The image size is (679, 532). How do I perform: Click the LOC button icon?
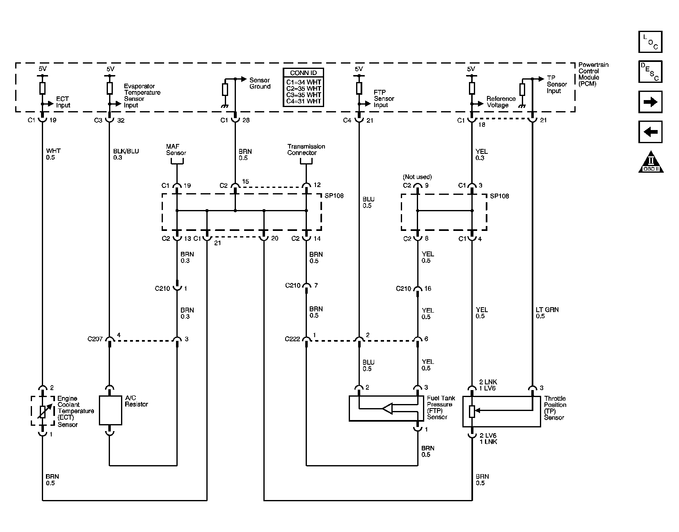point(650,42)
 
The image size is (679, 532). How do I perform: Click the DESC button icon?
point(650,72)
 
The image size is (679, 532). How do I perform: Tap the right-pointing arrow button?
point(650,102)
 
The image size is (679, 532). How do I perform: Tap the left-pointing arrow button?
point(650,132)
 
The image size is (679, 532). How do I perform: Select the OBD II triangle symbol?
point(651,162)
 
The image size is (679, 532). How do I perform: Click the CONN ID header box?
point(304,73)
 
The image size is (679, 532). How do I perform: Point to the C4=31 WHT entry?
point(304,101)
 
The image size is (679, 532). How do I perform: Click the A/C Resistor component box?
point(110,410)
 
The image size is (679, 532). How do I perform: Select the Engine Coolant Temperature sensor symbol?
point(42,411)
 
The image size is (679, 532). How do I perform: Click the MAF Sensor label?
point(176,150)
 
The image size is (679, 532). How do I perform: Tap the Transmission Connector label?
point(306,150)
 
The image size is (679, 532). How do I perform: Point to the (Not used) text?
point(417,177)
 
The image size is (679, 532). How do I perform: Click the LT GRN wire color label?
point(547,310)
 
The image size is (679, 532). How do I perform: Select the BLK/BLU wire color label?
point(126,151)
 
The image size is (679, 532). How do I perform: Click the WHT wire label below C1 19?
point(53,151)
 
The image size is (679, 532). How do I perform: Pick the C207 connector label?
point(95,339)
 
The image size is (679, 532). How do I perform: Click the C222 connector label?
point(293,339)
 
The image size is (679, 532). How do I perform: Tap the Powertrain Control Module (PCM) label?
point(593,74)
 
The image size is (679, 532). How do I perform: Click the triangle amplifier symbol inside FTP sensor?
point(387,408)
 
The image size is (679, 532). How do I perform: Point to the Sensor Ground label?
point(260,83)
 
